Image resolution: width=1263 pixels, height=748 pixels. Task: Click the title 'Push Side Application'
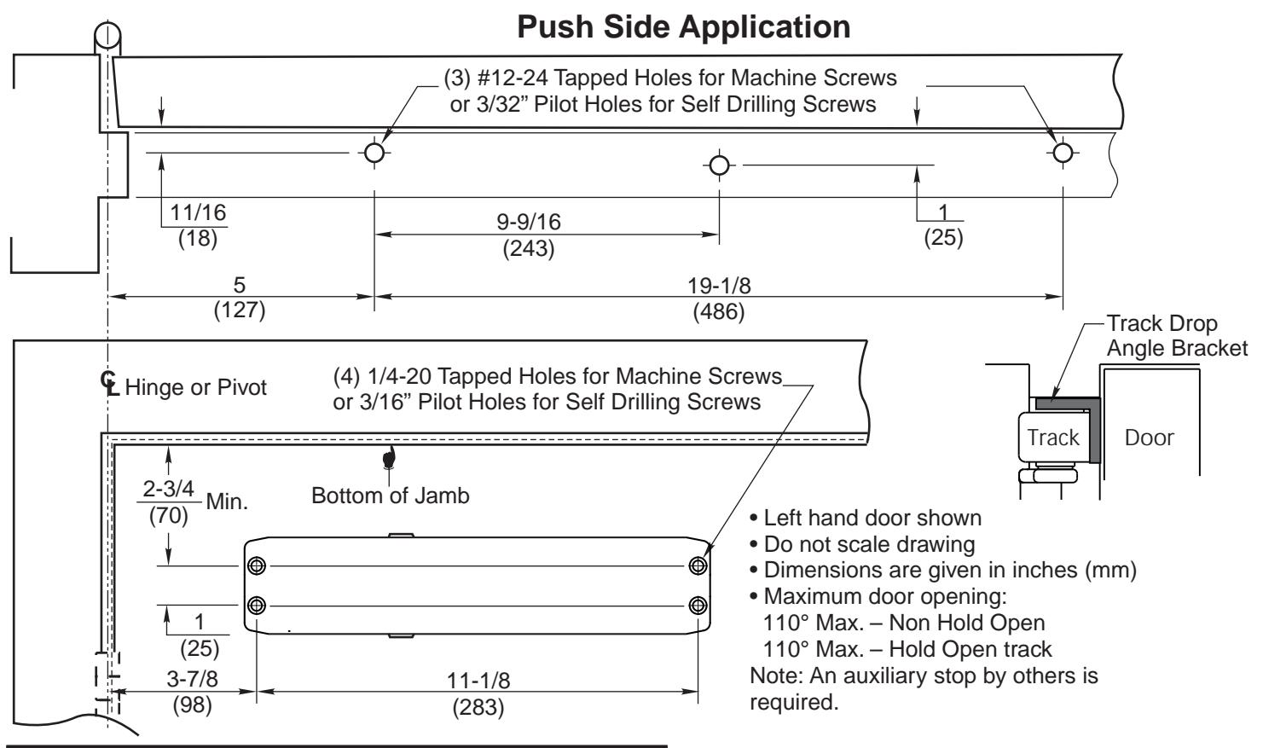(x=683, y=26)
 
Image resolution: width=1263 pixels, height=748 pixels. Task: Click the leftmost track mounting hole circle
(x=374, y=153)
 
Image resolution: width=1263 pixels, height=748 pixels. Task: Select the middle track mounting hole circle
(x=719, y=165)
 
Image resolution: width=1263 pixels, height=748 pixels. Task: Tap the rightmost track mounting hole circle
(x=1063, y=153)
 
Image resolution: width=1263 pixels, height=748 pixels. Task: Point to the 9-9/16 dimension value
(x=529, y=222)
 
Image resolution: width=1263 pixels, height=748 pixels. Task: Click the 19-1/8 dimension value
(x=719, y=286)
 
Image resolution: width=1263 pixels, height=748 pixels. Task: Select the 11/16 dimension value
(x=198, y=212)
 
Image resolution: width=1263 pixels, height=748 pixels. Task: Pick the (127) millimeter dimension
(x=240, y=310)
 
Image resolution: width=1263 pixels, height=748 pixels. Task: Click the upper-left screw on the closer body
(x=257, y=565)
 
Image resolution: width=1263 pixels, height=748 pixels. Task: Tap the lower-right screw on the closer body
(x=698, y=606)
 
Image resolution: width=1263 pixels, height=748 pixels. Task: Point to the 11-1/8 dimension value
(x=478, y=681)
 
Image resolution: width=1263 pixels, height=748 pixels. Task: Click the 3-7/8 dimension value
(x=192, y=679)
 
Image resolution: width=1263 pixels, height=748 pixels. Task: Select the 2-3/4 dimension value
(x=168, y=489)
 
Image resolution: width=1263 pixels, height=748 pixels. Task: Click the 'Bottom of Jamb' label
(x=391, y=496)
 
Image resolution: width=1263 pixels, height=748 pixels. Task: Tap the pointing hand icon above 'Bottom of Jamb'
(x=389, y=457)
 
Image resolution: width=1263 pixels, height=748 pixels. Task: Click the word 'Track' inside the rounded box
(x=1052, y=438)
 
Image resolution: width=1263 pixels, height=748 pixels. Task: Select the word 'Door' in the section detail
(x=1149, y=438)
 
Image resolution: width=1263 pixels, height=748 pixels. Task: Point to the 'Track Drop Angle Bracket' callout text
(x=1177, y=336)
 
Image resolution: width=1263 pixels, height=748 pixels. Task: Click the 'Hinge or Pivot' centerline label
(x=195, y=387)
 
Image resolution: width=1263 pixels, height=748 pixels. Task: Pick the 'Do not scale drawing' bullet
(x=863, y=544)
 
